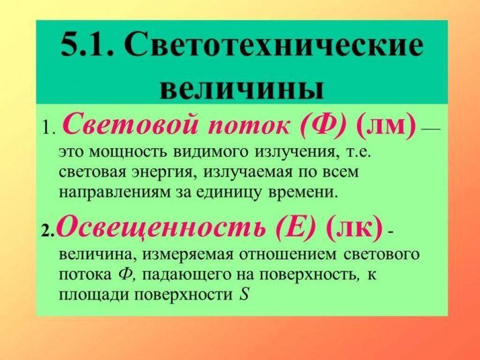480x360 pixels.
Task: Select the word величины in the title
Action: (241, 89)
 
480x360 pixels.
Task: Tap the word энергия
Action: (165, 173)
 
